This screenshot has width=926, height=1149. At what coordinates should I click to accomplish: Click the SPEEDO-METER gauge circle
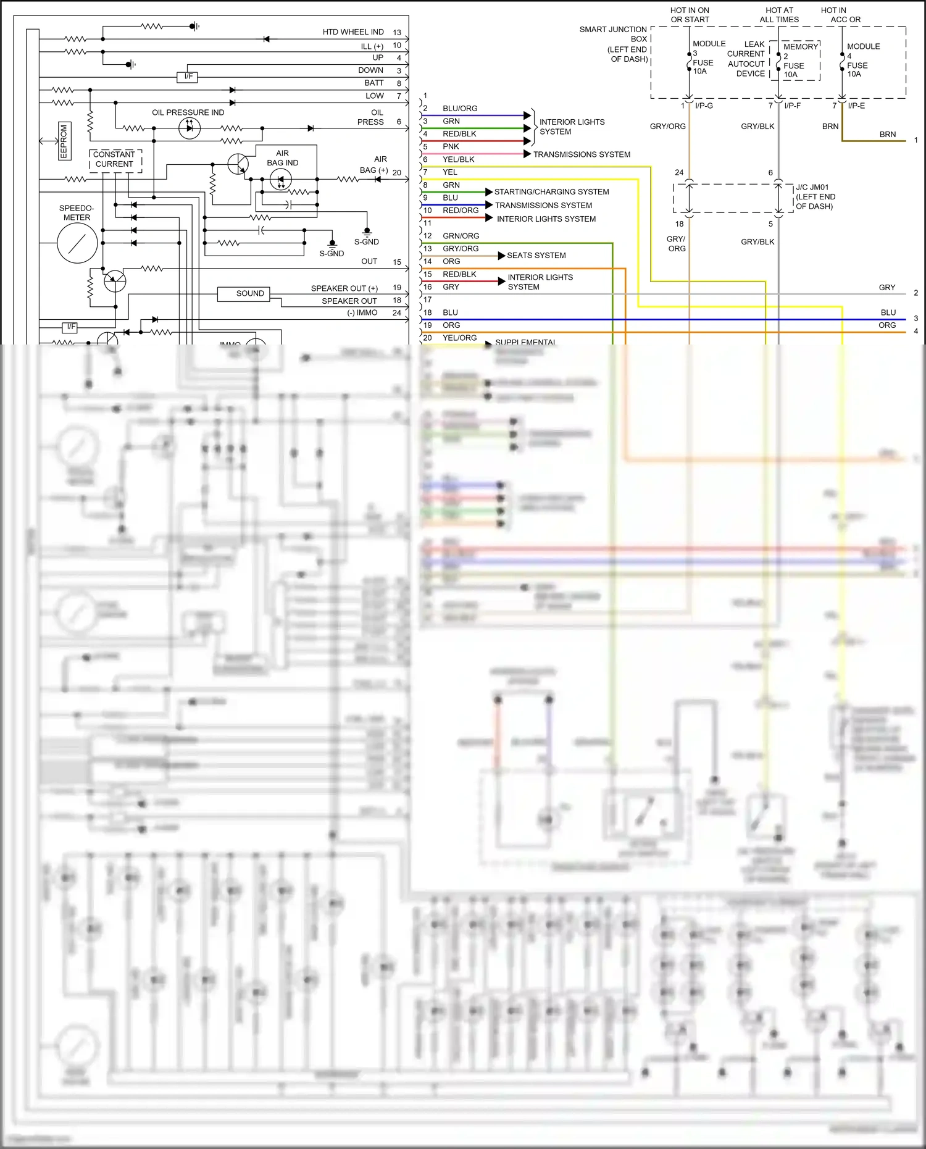click(x=77, y=243)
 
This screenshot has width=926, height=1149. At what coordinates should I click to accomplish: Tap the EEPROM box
click(x=64, y=141)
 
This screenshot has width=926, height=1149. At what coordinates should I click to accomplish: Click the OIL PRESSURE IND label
click(x=188, y=112)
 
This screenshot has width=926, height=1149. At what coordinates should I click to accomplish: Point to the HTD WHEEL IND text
click(x=352, y=32)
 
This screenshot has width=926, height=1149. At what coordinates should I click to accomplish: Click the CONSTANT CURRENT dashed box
click(x=115, y=159)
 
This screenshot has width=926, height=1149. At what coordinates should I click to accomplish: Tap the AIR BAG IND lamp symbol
click(x=281, y=180)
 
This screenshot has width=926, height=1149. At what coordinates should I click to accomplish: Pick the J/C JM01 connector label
click(x=815, y=197)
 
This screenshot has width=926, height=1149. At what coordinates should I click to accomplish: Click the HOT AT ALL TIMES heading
click(x=779, y=15)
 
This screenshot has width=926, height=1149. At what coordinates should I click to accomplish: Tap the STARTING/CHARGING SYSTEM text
click(x=551, y=192)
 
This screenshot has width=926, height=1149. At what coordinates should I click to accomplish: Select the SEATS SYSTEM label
click(x=536, y=256)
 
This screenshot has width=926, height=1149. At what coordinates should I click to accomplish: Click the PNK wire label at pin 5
click(x=451, y=147)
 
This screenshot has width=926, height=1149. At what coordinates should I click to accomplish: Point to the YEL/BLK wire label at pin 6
click(x=458, y=159)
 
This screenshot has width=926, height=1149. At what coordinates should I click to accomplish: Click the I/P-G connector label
click(x=704, y=106)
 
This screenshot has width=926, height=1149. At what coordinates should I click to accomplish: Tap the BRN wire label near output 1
click(x=887, y=134)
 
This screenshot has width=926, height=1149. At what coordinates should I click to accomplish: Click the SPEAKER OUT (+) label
click(x=344, y=288)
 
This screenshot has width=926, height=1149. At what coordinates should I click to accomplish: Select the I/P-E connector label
click(x=856, y=106)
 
